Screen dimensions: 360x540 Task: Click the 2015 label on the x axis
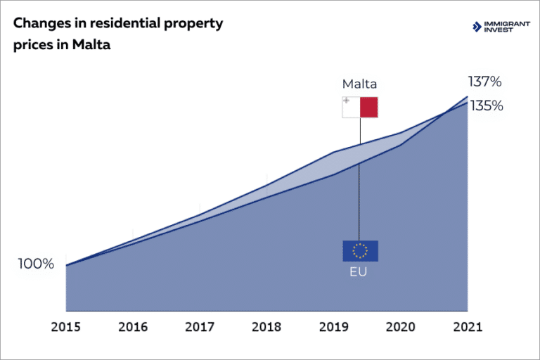(x=65, y=327)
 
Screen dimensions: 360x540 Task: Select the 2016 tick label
(x=132, y=327)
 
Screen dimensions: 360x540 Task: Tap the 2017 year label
(x=200, y=327)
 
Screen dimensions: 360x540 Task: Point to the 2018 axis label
(x=266, y=327)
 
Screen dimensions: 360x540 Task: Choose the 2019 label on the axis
(x=333, y=327)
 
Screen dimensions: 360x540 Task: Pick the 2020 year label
(x=400, y=327)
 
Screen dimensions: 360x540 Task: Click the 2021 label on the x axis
(x=467, y=327)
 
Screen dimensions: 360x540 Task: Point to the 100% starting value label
(x=36, y=264)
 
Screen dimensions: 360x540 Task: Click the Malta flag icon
(x=360, y=108)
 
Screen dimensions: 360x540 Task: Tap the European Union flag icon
(x=360, y=250)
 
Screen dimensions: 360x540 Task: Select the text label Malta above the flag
(x=359, y=84)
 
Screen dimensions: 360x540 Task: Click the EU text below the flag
(x=359, y=271)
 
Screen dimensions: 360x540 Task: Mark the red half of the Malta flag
(x=368, y=108)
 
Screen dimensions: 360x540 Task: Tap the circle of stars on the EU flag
(x=360, y=250)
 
